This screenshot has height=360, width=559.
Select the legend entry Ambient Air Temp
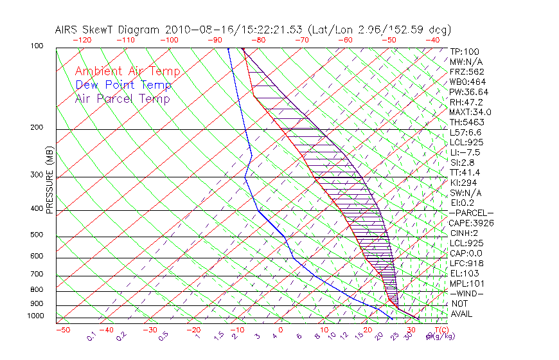click(128, 71)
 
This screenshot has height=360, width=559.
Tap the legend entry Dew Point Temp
click(123, 85)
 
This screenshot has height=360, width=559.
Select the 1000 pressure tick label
click(36, 316)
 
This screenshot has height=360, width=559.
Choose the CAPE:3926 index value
click(471, 223)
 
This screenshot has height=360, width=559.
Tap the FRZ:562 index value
click(466, 71)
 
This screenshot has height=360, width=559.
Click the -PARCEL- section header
click(471, 213)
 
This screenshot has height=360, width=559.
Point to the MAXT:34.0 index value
click(472, 112)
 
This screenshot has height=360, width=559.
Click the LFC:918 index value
click(466, 263)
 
